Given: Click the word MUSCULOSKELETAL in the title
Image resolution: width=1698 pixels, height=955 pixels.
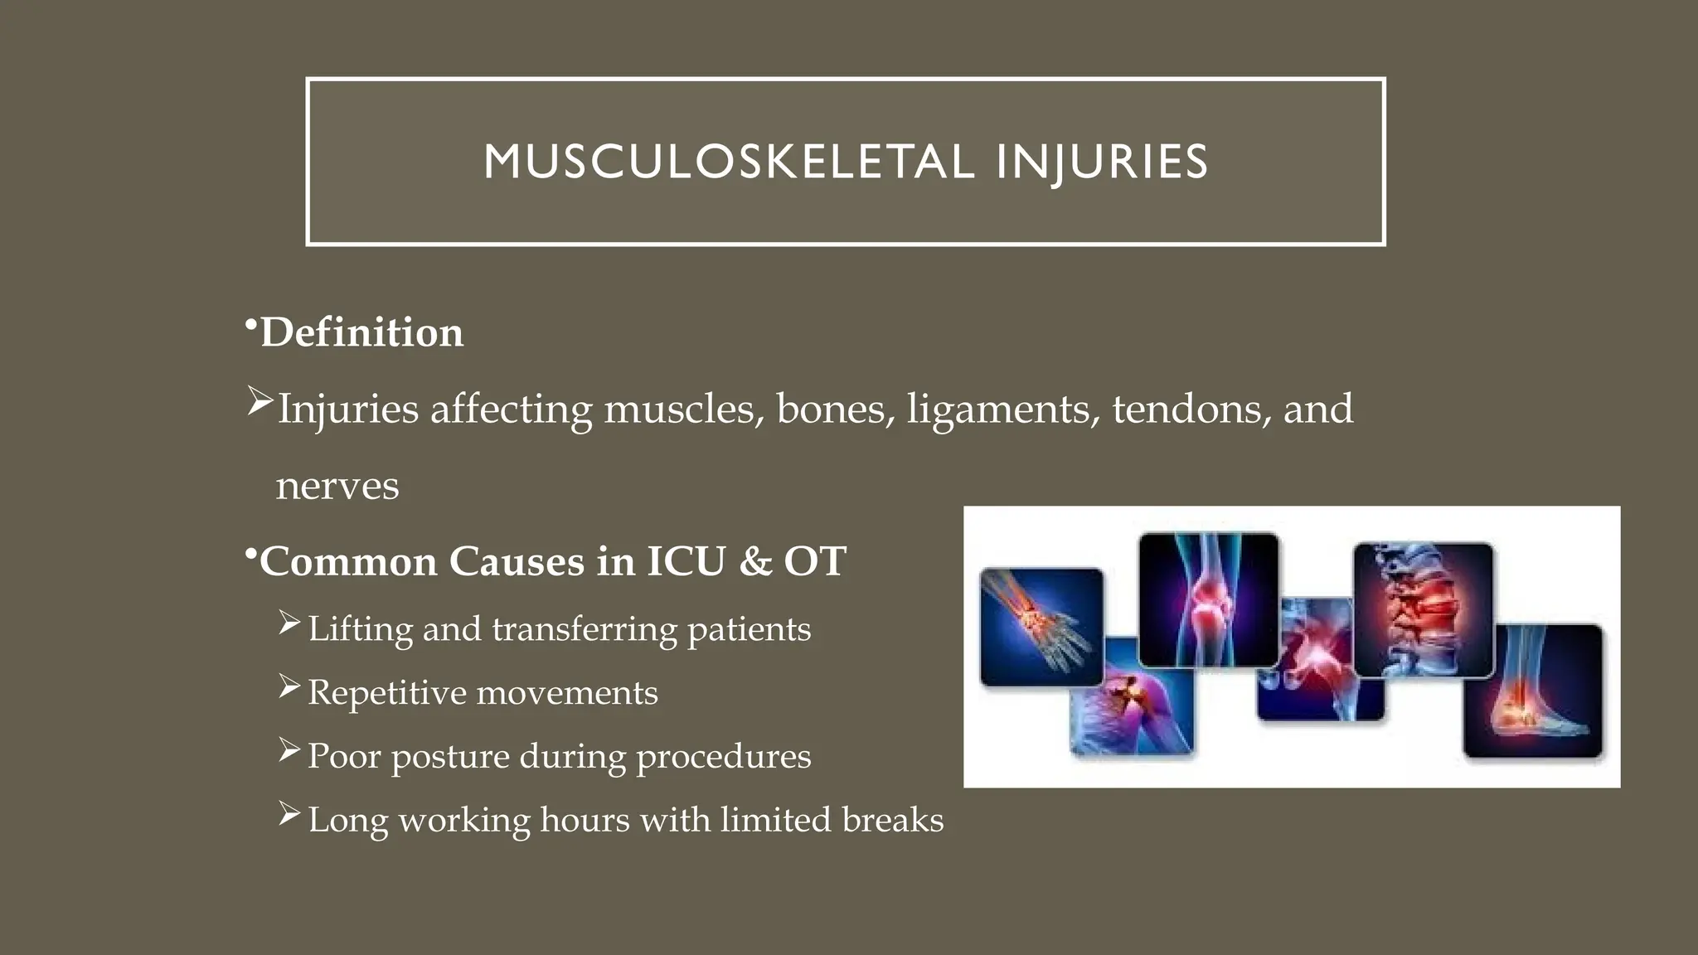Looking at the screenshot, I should tap(729, 162).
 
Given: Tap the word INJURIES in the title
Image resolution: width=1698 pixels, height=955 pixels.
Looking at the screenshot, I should tap(1102, 162).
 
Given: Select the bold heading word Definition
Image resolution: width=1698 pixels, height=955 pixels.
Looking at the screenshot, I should tap(361, 332).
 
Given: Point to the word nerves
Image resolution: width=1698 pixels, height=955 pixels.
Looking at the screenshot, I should tap(337, 486).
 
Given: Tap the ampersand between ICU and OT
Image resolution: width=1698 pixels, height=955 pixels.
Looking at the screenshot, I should tap(754, 561).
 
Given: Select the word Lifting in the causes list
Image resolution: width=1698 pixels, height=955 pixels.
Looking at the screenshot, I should tap(360, 629).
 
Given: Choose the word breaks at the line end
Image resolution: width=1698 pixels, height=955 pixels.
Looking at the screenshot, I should tap(892, 820).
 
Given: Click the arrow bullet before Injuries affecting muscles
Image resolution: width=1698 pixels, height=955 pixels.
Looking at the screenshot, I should tap(260, 403).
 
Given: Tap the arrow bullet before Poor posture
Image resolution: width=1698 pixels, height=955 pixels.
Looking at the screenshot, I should tap(289, 750).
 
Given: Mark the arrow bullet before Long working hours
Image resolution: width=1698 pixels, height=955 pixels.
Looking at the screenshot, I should tap(289, 814).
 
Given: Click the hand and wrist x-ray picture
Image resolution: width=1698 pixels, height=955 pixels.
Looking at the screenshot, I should tap(1041, 626).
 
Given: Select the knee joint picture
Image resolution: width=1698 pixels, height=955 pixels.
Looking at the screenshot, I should tap(1208, 599).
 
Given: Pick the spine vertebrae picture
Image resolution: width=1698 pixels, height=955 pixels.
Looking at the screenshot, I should tap(1423, 609).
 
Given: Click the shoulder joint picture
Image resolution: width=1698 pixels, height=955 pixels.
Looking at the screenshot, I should tap(1132, 705).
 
